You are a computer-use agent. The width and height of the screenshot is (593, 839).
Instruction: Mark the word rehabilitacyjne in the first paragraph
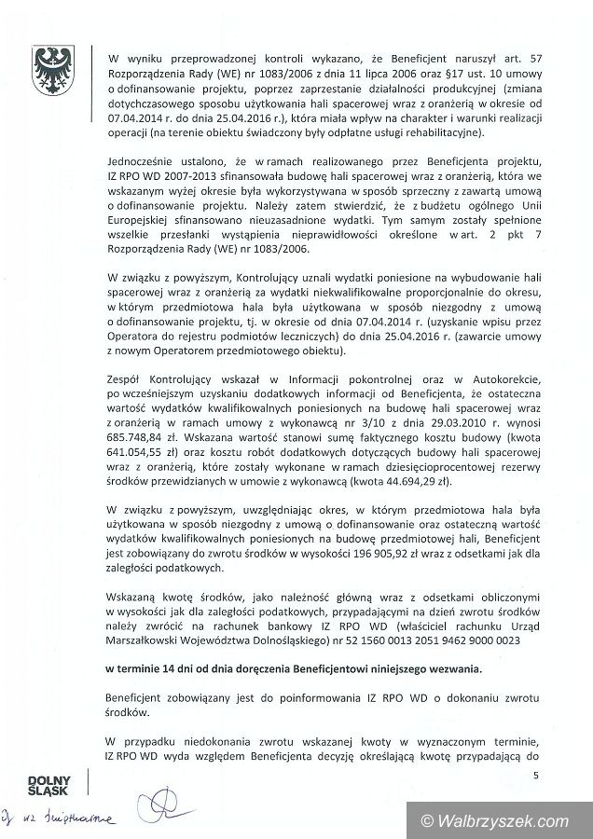coord(429,132)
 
